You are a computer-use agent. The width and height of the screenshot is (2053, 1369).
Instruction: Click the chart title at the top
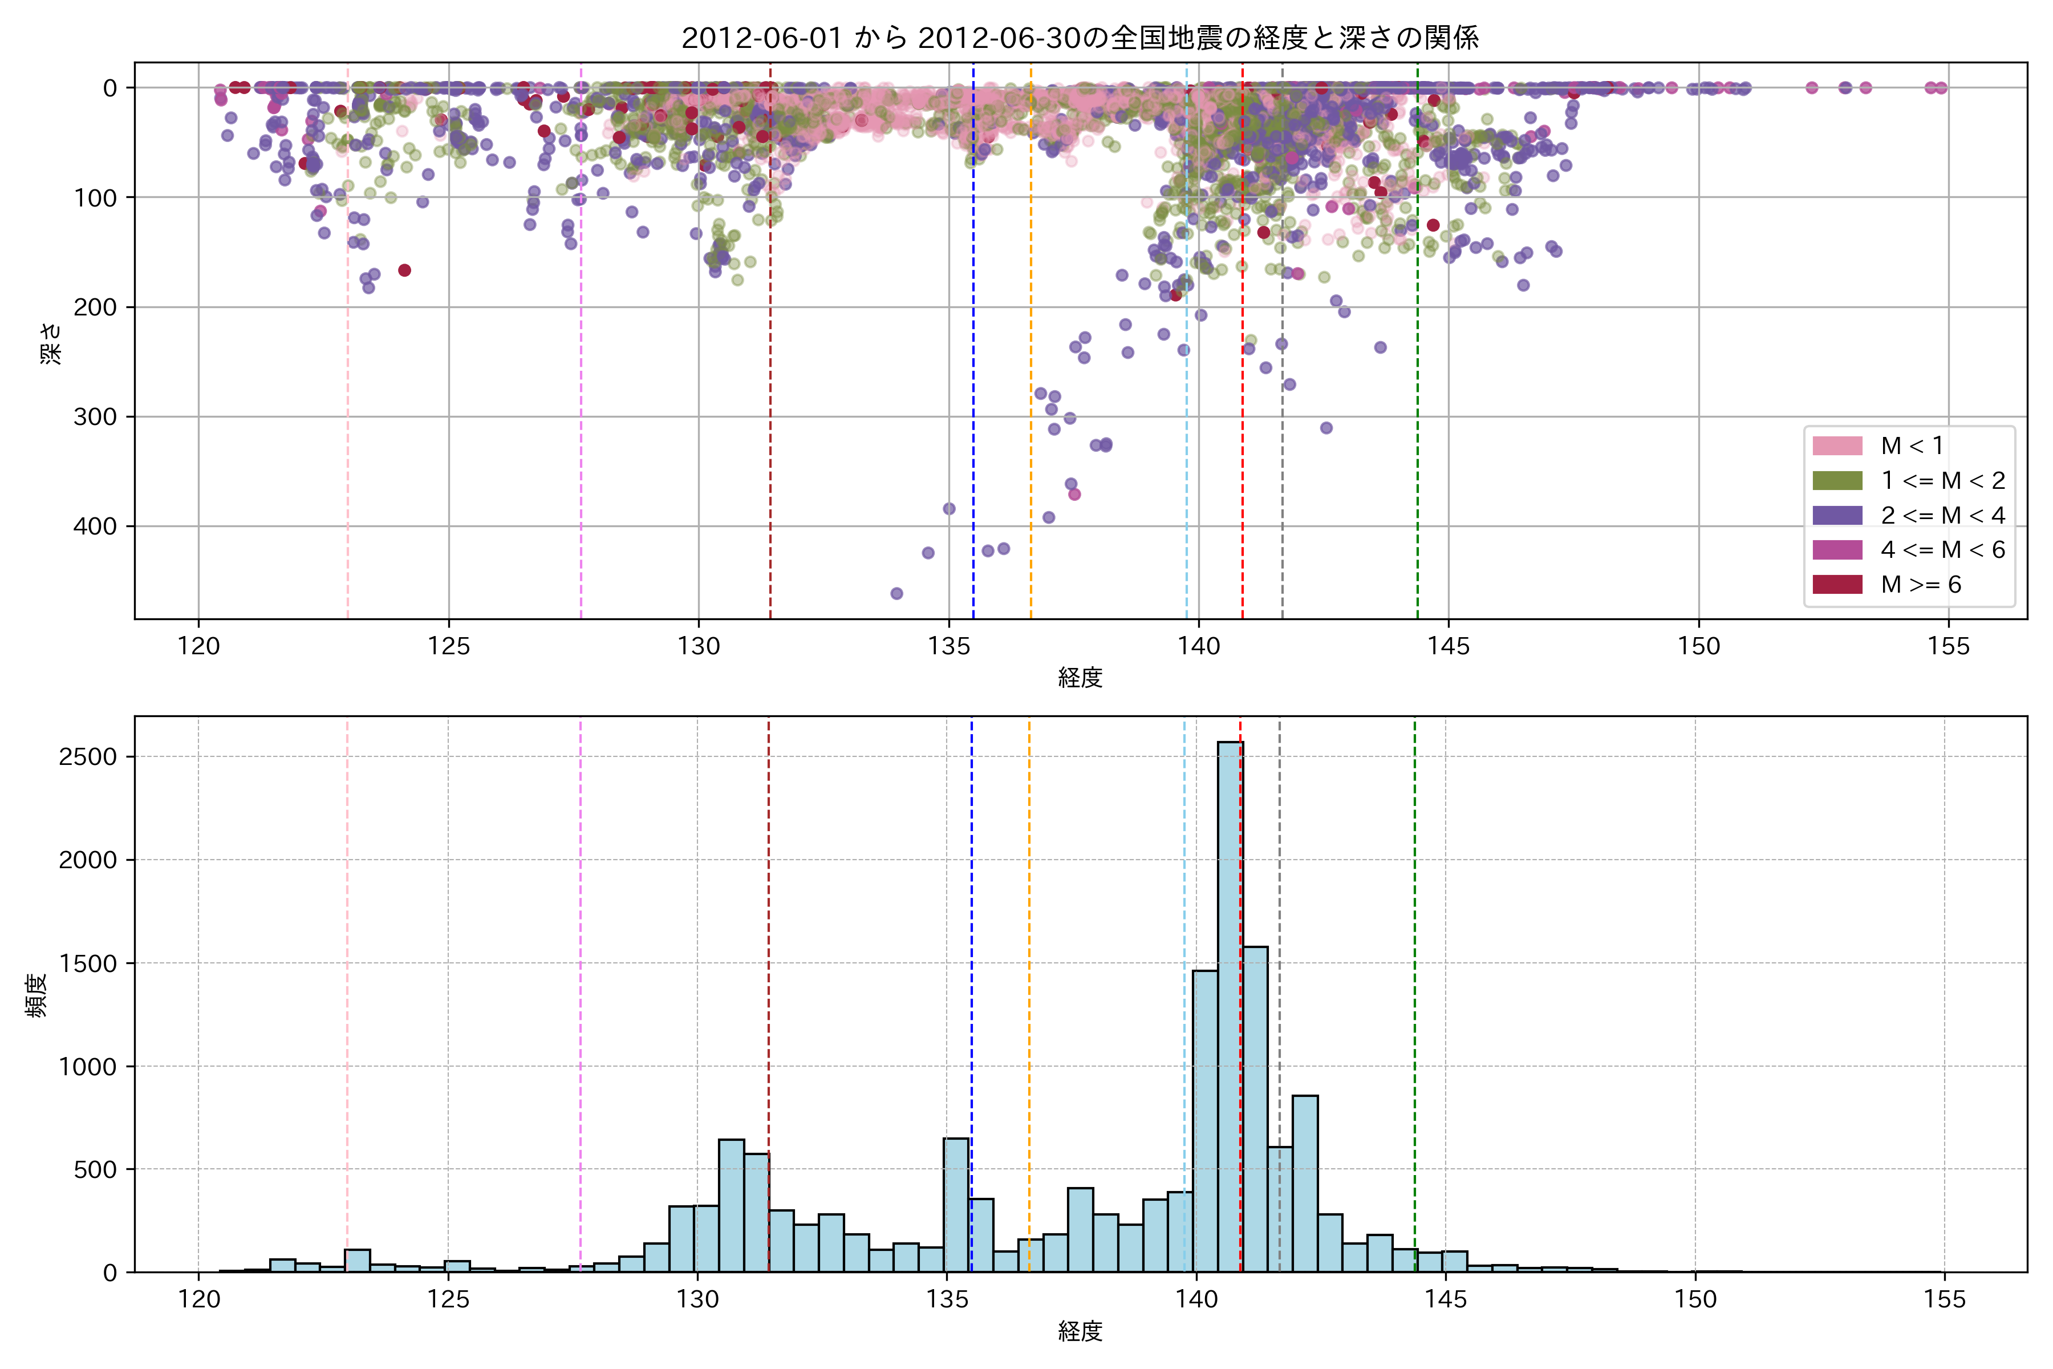[1080, 38]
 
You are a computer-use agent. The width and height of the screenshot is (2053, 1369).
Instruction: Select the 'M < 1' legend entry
[1912, 446]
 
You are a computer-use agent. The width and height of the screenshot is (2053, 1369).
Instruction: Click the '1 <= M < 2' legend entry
[1942, 480]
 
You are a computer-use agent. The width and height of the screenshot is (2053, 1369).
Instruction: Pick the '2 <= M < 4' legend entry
[1942, 515]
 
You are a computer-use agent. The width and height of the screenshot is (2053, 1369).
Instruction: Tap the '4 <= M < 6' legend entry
[1942, 550]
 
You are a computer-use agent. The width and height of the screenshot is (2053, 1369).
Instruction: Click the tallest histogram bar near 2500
[1230, 1004]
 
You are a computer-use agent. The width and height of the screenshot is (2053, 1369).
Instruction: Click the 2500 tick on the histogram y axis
[87, 757]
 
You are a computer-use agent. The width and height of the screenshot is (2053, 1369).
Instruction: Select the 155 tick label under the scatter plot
[1948, 647]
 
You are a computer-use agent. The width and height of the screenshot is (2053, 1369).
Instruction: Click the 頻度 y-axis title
[36, 995]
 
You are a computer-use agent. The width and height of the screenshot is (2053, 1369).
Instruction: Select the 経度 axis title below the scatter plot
[1080, 678]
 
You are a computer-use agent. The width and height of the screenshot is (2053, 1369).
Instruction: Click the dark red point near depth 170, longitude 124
[404, 270]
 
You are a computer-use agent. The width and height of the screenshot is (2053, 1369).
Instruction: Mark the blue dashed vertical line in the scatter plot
[973, 393]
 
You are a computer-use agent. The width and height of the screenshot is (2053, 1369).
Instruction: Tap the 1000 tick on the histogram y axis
[87, 1067]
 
